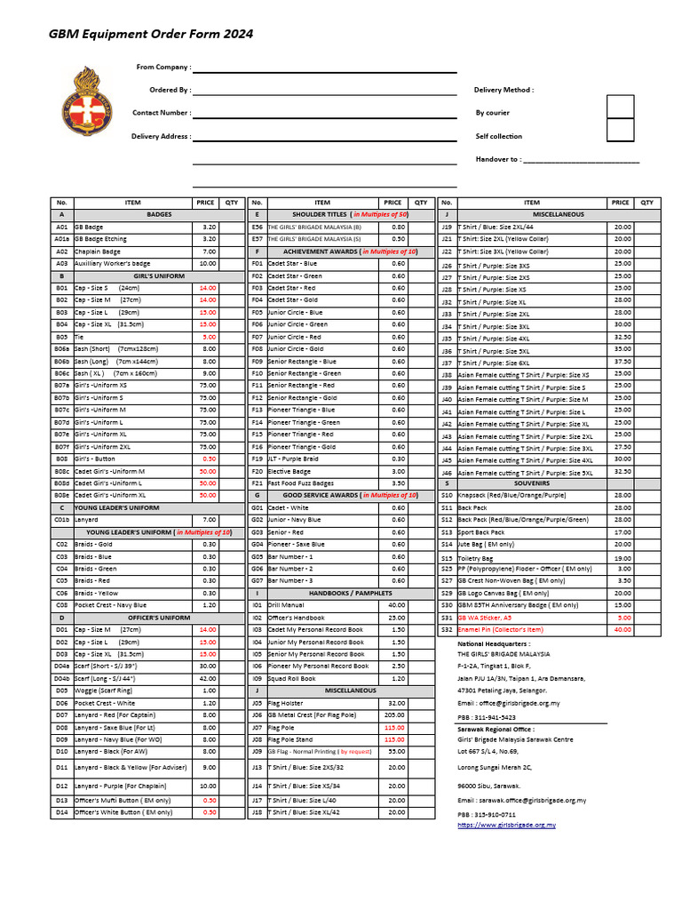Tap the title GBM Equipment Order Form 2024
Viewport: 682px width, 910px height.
click(150, 34)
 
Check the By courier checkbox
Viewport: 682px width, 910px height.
click(620, 108)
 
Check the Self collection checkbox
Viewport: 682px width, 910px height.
click(620, 131)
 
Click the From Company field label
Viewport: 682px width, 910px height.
click(163, 67)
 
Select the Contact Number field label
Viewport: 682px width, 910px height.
click(161, 113)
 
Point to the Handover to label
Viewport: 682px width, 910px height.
click(498, 159)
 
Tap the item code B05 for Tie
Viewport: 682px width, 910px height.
click(61, 337)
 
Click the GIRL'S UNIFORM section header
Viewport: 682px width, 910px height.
click(159, 276)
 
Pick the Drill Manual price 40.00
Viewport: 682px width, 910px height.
click(396, 604)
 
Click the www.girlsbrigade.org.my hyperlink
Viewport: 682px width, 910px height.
click(507, 826)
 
